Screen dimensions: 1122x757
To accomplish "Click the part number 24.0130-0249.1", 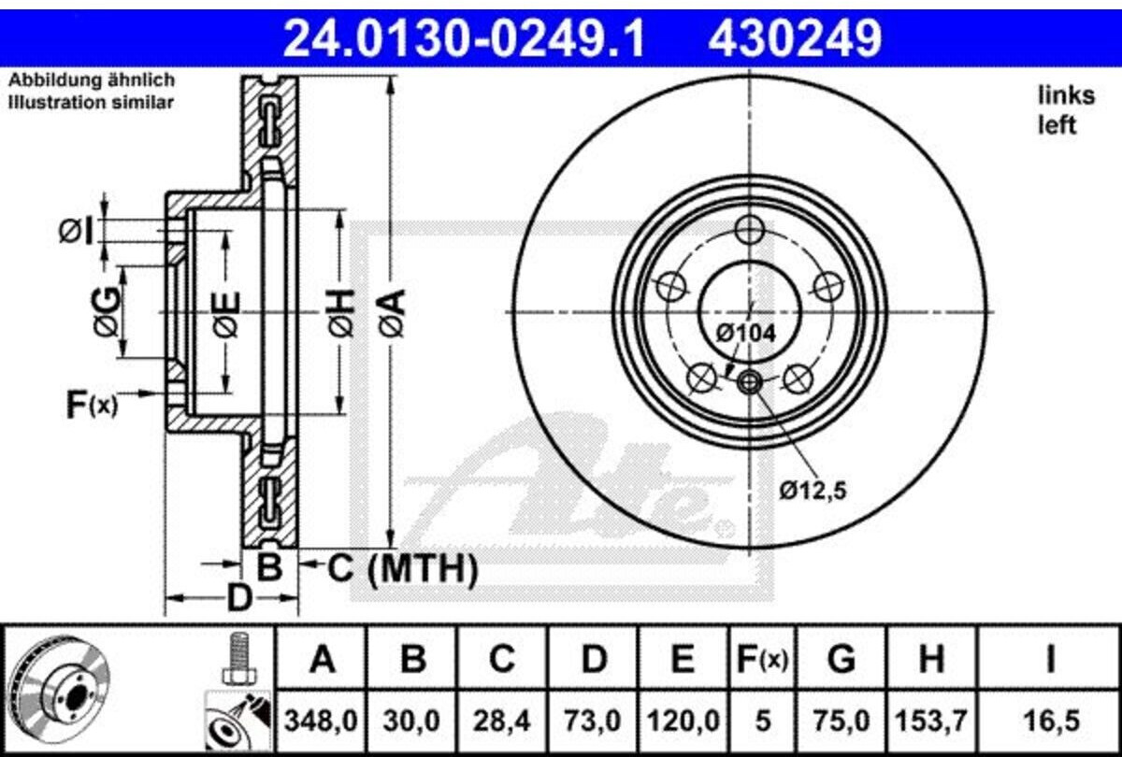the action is click(x=464, y=37).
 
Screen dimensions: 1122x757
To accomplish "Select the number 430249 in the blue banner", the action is click(x=795, y=37).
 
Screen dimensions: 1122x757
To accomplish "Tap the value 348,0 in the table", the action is click(x=321, y=721).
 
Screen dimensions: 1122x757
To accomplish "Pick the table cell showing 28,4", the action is click(x=501, y=721).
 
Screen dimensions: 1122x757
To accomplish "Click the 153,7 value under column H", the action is click(x=930, y=721).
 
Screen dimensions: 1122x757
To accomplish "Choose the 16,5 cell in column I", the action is click(x=1050, y=721).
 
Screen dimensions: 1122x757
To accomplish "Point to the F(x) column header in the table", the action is click(x=762, y=661).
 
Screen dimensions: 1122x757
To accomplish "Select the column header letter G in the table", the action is click(x=841, y=660).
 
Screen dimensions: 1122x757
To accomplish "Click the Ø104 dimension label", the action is click(x=746, y=334).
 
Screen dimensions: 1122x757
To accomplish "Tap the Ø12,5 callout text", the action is click(x=813, y=491).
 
